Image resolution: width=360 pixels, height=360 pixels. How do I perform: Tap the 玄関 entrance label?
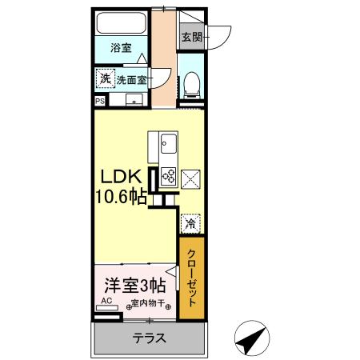pyautogui.click(x=190, y=36)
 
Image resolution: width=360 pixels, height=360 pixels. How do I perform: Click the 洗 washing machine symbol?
pyautogui.click(x=105, y=78)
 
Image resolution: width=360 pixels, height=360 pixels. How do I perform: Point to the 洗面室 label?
pyautogui.click(x=132, y=80)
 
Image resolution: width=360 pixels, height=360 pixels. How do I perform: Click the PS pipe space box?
pyautogui.click(x=100, y=102)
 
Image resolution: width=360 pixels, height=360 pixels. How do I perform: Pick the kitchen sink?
pyautogui.click(x=170, y=146)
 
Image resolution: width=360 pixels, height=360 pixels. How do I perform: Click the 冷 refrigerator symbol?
pyautogui.click(x=191, y=223)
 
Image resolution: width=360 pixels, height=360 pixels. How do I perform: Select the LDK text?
pyautogui.click(x=122, y=177)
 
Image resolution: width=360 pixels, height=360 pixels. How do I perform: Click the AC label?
pyautogui.click(x=105, y=302)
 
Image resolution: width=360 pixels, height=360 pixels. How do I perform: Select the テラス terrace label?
pyautogui.click(x=149, y=338)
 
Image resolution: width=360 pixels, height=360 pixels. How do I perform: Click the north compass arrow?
pyautogui.click(x=254, y=338)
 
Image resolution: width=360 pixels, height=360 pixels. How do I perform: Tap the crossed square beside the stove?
pyautogui.click(x=192, y=180)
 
